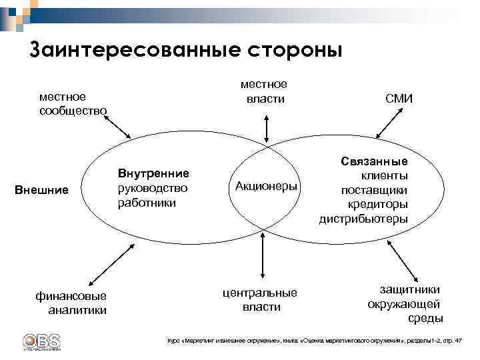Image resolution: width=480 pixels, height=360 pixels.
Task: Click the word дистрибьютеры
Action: coord(363,219)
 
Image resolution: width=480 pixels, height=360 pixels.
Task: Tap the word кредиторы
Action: coord(377,204)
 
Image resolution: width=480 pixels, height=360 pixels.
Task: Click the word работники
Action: coord(147,202)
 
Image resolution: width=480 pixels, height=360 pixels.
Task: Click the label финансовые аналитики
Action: coord(73,303)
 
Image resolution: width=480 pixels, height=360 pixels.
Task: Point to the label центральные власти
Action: coord(261,299)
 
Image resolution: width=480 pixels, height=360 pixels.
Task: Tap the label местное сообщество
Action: coord(73,103)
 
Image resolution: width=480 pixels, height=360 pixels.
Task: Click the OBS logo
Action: coord(41,341)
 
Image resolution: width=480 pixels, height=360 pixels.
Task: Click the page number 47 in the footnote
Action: coord(457,341)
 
